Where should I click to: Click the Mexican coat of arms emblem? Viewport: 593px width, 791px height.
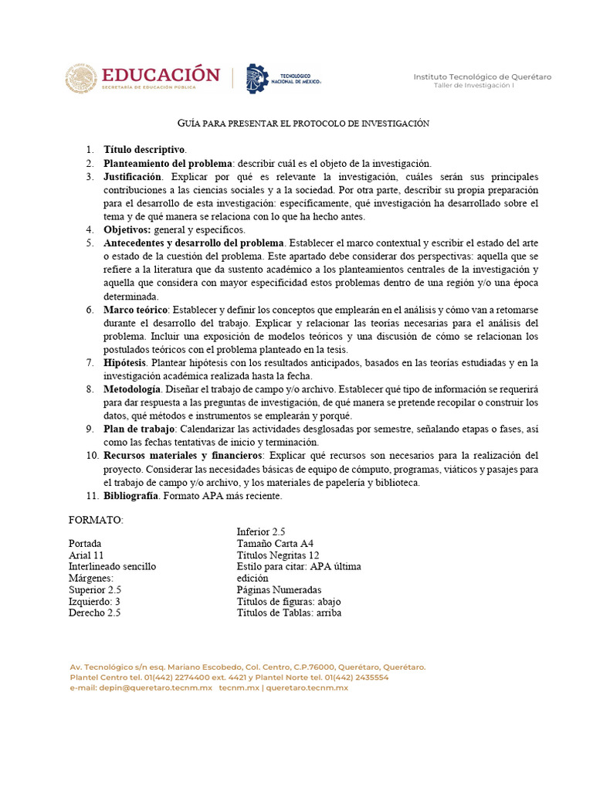(x=80, y=79)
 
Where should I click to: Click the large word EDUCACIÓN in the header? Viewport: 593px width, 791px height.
(x=161, y=74)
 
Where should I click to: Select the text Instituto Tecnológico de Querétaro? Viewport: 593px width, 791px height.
(x=482, y=76)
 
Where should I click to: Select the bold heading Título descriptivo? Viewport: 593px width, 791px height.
(x=144, y=150)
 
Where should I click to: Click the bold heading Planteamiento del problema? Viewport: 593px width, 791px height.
(x=168, y=163)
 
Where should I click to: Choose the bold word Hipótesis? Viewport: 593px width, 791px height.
(x=125, y=363)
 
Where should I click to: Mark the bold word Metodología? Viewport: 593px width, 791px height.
(x=132, y=389)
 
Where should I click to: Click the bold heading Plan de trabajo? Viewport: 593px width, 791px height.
(x=140, y=429)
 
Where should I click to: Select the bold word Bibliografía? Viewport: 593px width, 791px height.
(x=131, y=496)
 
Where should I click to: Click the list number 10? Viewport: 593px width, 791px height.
(x=90, y=456)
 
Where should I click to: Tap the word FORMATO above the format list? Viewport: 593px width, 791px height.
(x=95, y=521)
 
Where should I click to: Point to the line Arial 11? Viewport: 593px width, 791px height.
(x=86, y=555)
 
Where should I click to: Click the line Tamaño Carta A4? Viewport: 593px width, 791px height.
(x=275, y=544)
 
